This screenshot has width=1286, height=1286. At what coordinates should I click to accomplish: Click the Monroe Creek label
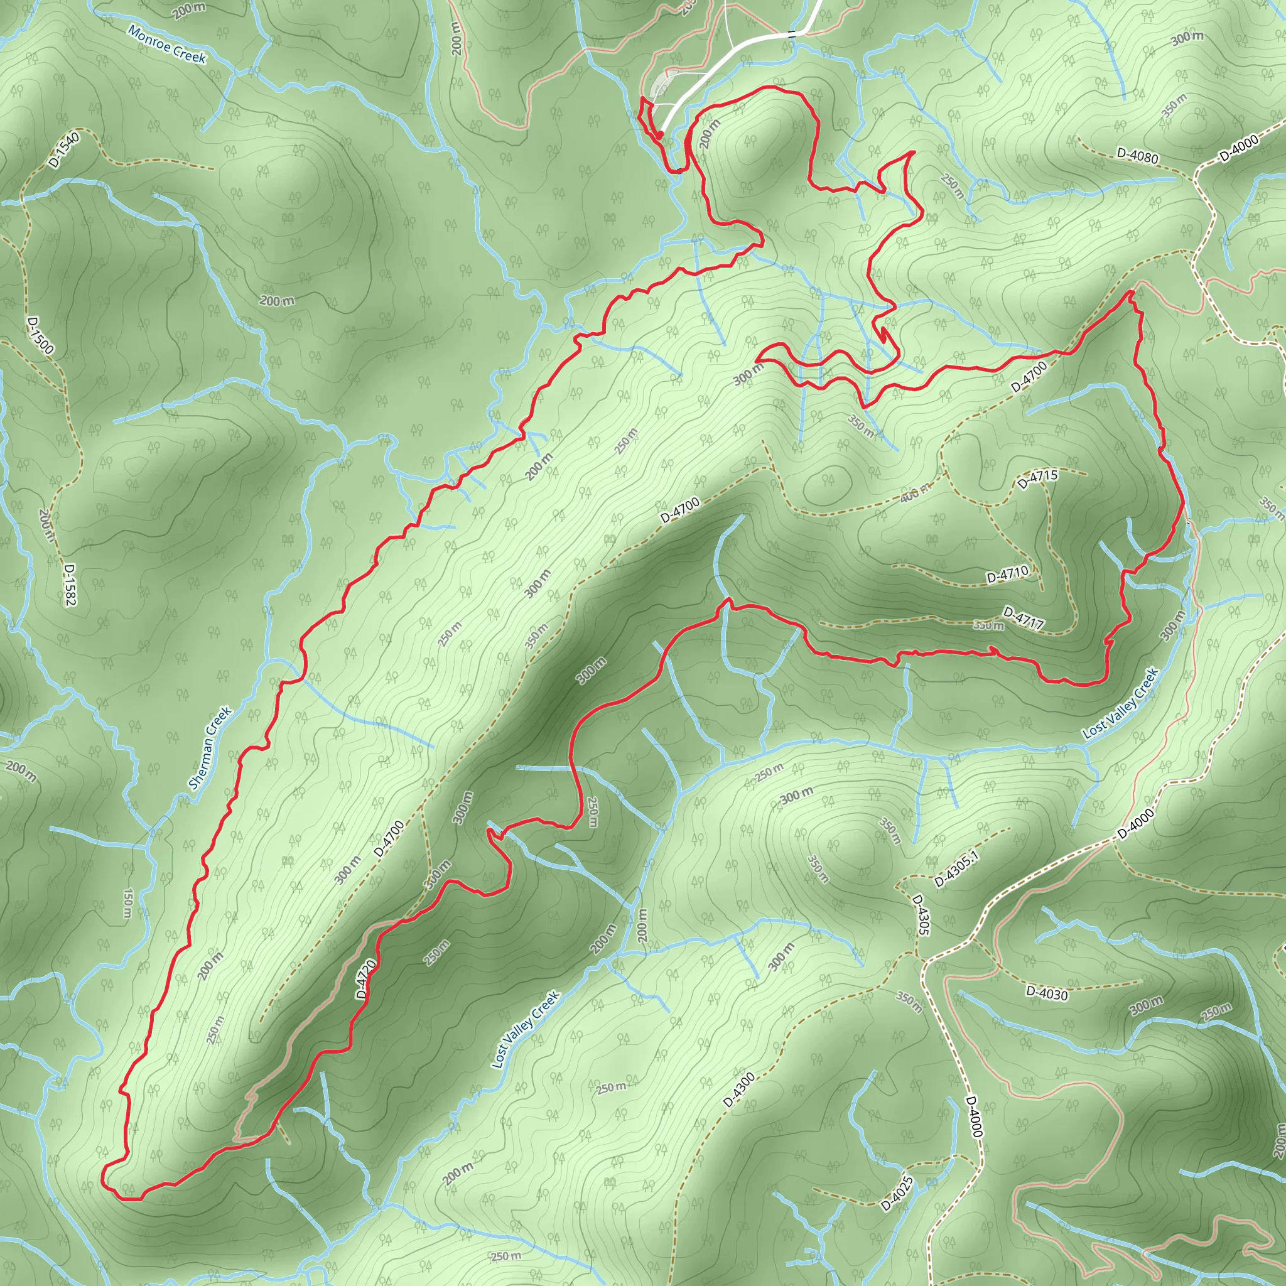(x=167, y=45)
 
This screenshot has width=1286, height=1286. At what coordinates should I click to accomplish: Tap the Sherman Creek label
(x=210, y=747)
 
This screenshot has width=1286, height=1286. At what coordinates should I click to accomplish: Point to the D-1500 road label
(x=40, y=335)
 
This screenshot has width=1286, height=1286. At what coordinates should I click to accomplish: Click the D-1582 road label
(x=70, y=585)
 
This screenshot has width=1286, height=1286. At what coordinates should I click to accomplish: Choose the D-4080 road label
(x=1137, y=156)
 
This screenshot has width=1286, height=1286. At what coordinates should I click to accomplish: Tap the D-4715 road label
(x=1037, y=479)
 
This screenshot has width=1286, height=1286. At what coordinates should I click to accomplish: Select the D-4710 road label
(x=1007, y=574)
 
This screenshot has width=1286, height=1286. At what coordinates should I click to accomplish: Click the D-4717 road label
(x=1024, y=617)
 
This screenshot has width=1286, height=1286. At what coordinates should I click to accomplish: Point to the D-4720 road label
(x=366, y=978)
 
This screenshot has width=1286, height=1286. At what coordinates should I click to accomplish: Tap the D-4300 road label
(x=739, y=1090)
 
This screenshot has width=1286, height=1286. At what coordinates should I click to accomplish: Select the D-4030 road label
(x=1047, y=994)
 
